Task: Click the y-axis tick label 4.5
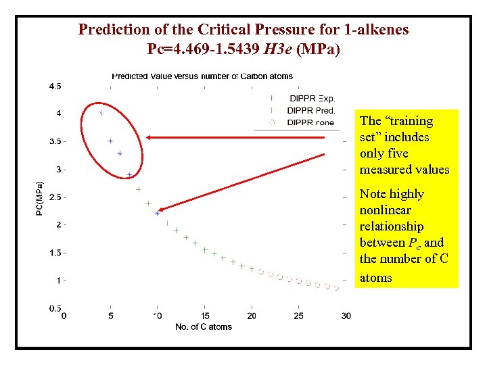54,86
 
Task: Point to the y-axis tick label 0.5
54,308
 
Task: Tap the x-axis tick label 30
346,316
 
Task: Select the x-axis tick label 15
205,316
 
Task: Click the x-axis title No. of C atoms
204,326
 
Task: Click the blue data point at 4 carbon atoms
101,113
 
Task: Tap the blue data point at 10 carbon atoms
158,213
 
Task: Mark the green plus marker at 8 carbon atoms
139,189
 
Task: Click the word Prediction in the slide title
110,30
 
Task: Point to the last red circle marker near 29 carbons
336,287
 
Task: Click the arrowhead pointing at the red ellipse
149,137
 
